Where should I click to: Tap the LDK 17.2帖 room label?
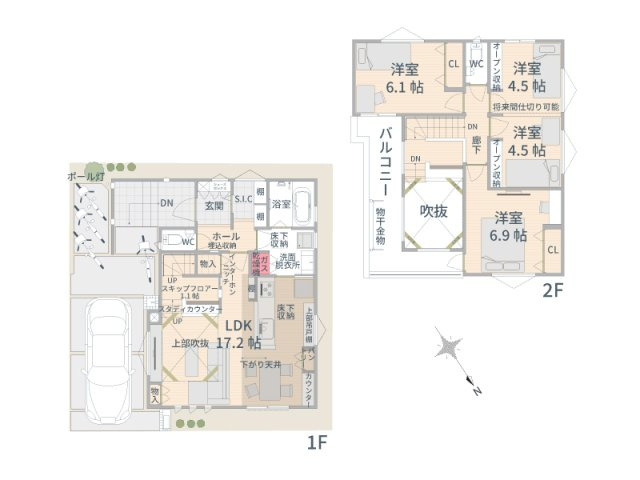click(x=237, y=333)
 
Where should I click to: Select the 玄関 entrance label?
click(x=214, y=206)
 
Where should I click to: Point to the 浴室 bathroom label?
click(x=281, y=205)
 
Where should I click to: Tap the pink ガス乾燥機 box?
click(x=255, y=265)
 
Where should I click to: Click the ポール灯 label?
click(x=85, y=176)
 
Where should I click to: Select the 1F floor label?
click(x=318, y=441)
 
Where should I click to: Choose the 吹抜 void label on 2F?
click(x=432, y=211)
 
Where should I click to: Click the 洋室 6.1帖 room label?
click(x=405, y=77)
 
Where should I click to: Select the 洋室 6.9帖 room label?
click(x=507, y=226)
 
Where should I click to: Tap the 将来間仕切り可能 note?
click(x=526, y=106)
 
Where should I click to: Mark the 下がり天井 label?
click(x=259, y=365)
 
